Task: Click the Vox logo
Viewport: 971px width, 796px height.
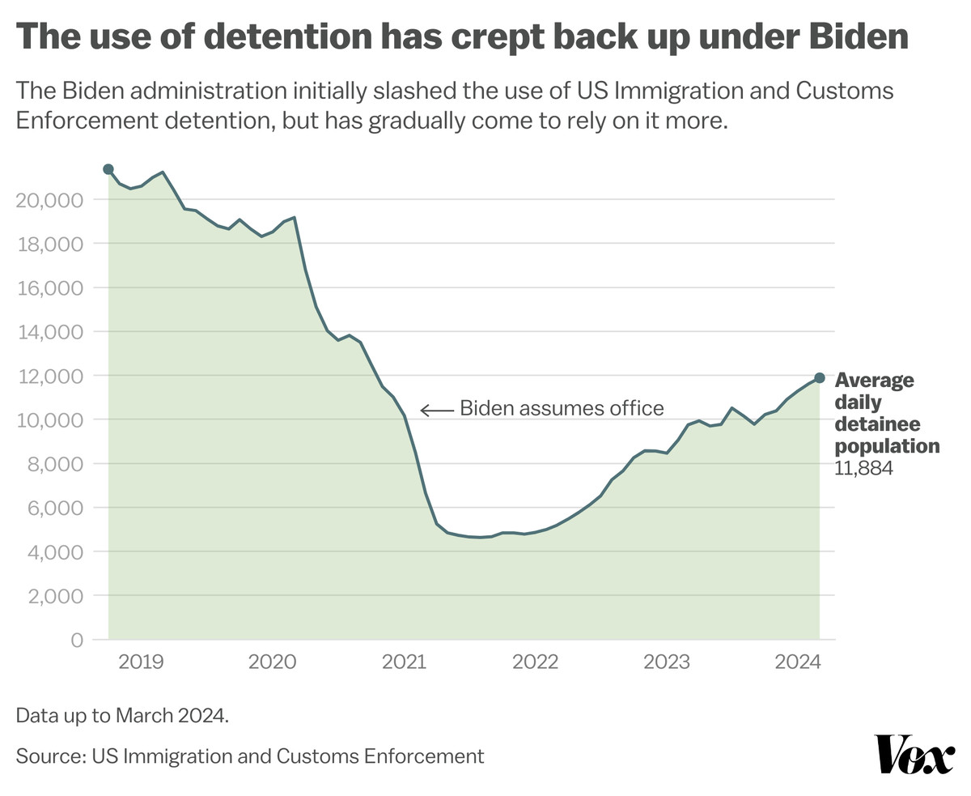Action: pos(914,755)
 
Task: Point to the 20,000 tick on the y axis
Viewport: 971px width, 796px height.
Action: pos(49,200)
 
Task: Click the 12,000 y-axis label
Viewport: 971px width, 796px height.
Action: pos(49,376)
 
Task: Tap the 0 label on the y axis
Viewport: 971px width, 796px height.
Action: pos(77,640)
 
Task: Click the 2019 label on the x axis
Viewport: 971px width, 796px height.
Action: pos(141,662)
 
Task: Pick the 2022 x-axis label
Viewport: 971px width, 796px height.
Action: pos(535,662)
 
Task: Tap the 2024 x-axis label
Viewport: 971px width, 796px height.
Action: pos(798,662)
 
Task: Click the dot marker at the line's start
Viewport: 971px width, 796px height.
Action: pos(108,169)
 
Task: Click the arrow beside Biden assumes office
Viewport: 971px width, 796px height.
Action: pos(437,411)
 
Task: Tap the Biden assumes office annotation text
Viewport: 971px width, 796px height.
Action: pos(562,408)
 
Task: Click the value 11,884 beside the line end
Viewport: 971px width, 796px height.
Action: pos(863,468)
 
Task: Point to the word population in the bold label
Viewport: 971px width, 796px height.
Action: pos(887,446)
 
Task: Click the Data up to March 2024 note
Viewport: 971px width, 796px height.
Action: pos(122,716)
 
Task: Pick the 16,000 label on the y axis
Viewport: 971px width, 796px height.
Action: pos(49,288)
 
